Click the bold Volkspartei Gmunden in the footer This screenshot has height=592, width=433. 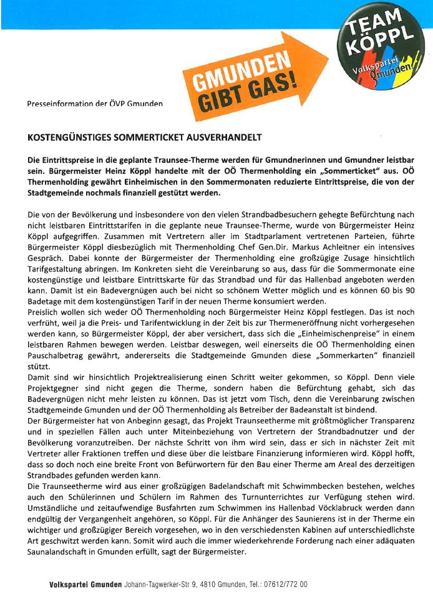(x=85, y=585)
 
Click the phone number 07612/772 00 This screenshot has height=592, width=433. (x=281, y=585)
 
